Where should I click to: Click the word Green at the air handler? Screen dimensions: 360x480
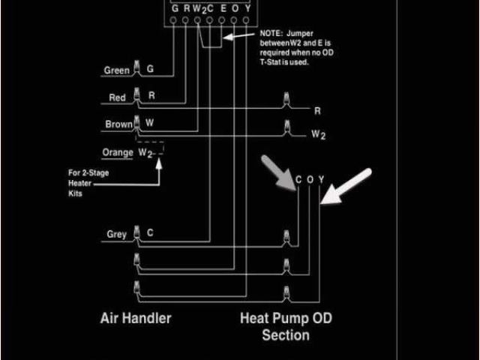pos(116,70)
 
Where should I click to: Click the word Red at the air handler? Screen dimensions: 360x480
pos(118,97)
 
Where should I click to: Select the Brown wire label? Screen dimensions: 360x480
pos(118,124)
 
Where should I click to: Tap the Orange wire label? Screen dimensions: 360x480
pos(118,152)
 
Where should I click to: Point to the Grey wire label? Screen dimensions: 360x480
pos(116,234)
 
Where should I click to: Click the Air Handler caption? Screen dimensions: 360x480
pos(136,318)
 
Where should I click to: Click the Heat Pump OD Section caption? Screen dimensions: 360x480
pos(286,326)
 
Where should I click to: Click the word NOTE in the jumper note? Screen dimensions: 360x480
pos(271,34)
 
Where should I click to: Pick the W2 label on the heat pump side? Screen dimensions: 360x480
pos(319,136)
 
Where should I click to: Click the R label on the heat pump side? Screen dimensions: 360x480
pos(317,111)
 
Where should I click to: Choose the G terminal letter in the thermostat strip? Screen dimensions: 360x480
pos(175,8)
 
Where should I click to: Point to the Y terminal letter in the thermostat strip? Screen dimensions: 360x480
pos(247,8)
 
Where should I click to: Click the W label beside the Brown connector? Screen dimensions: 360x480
pos(150,122)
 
